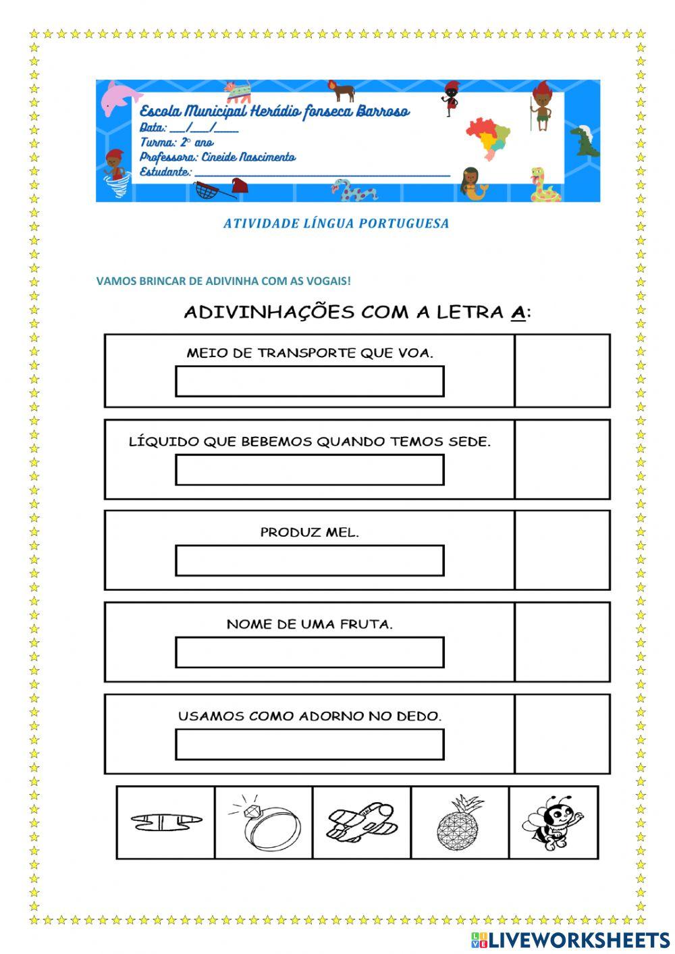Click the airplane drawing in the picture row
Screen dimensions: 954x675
coord(361,822)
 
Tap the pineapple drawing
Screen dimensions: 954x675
coord(460,822)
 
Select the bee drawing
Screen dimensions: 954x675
coord(553,822)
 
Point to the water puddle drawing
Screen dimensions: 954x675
coord(165,822)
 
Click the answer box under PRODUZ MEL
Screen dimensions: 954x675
coord(309,560)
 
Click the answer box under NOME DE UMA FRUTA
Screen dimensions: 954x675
coord(309,652)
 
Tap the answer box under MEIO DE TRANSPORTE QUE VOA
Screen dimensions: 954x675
coord(309,381)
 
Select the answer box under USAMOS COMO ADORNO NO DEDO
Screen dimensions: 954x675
coord(309,744)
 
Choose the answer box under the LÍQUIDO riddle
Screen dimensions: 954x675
coord(309,470)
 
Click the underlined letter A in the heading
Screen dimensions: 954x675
coord(518,312)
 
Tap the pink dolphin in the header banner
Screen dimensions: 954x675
coord(120,96)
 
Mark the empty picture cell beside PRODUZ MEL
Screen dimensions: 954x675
coord(562,550)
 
